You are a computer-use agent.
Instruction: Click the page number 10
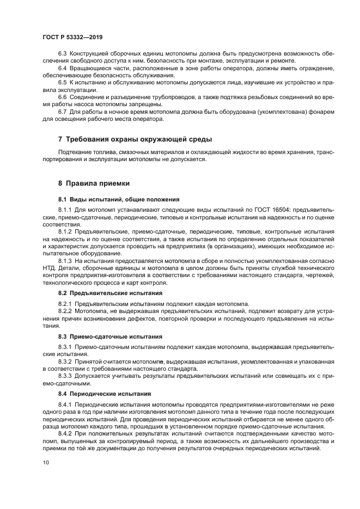46,462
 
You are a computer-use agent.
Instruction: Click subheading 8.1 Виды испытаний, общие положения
119,199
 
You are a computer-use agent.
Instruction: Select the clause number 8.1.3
65,261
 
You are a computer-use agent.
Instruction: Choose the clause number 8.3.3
65,376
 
